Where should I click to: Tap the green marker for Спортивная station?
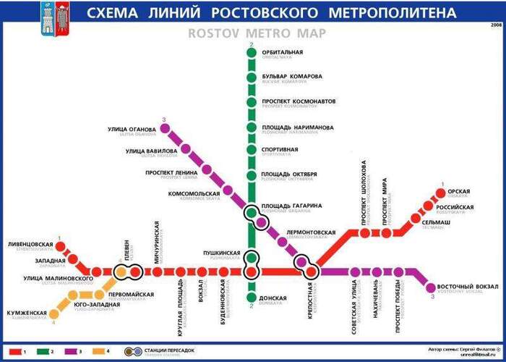click(252, 151)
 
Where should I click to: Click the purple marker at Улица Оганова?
click(165, 130)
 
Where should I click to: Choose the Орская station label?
click(458, 192)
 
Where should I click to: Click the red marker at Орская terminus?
click(440, 193)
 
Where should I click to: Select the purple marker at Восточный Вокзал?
click(432, 287)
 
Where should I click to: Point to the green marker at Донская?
click(252, 297)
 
